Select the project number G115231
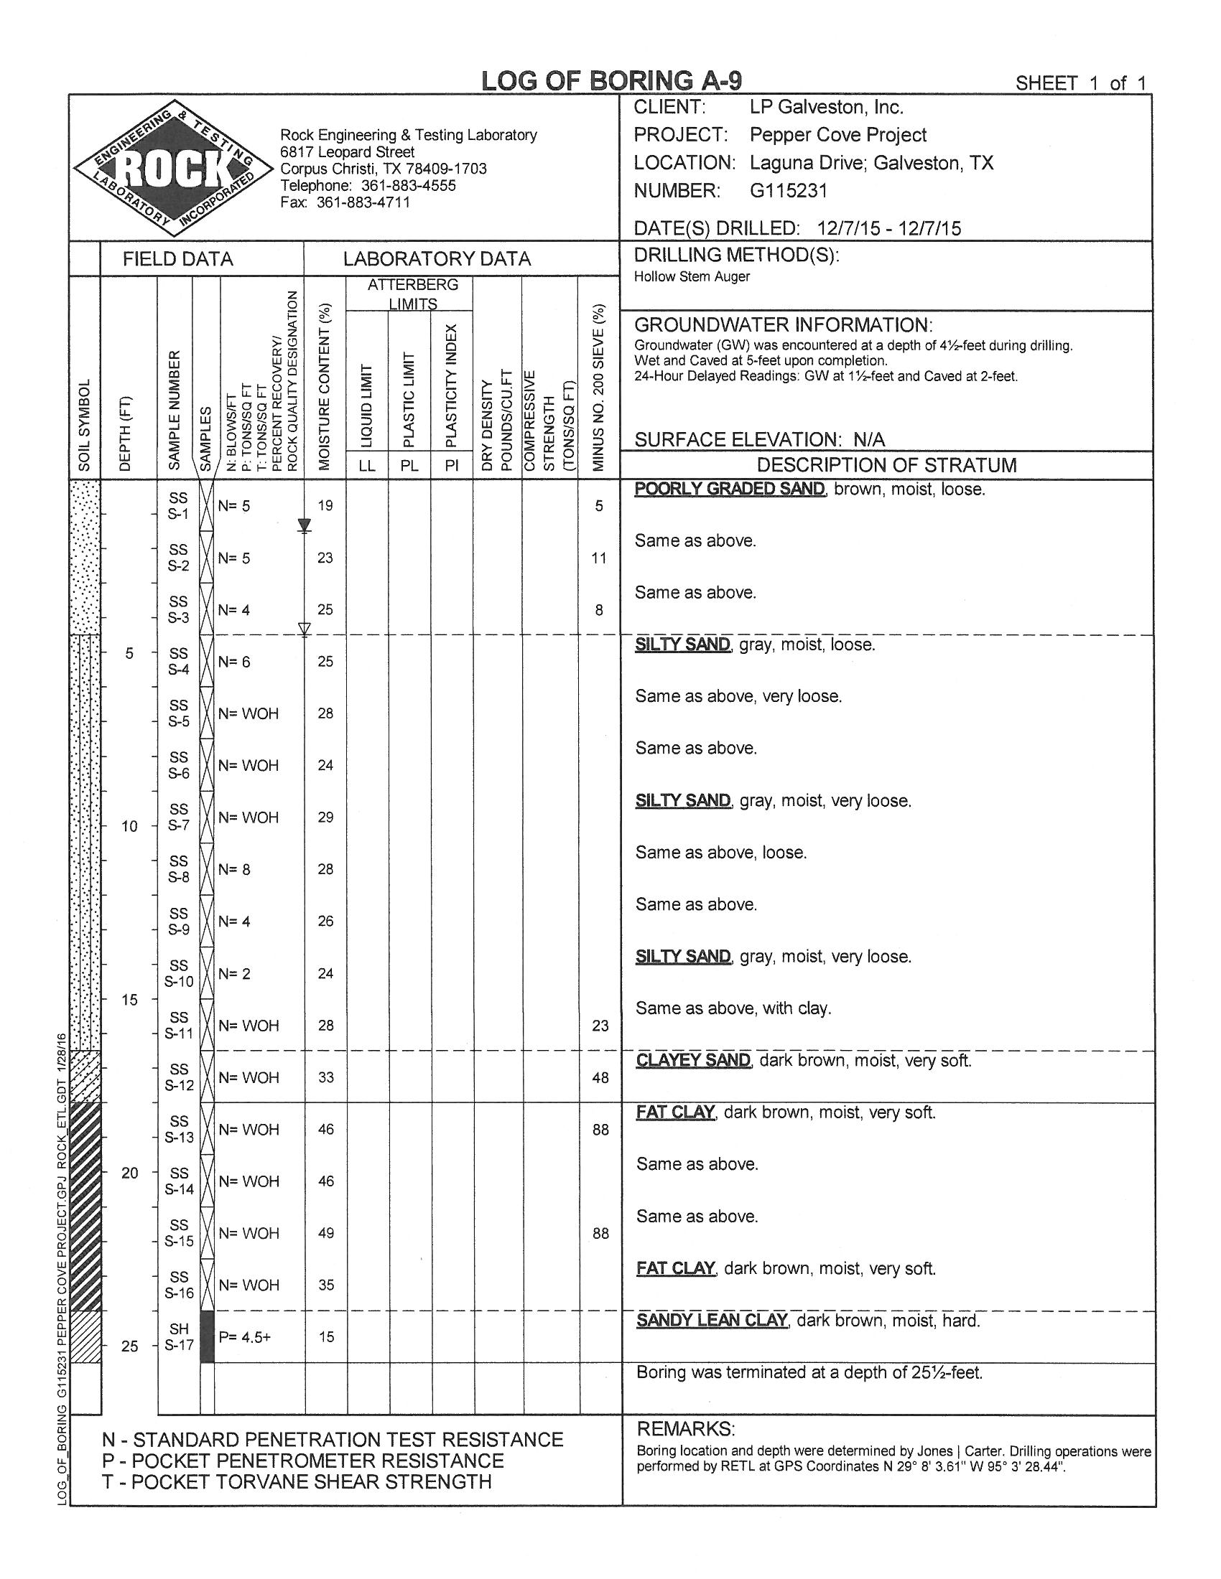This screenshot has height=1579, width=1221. (x=789, y=191)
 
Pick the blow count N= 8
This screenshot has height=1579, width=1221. (x=234, y=869)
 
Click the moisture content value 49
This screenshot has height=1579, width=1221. (x=325, y=1232)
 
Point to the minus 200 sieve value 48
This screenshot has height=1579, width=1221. (x=600, y=1077)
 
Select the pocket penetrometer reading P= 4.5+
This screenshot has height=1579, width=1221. (x=244, y=1337)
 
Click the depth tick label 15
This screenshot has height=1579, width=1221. (x=129, y=1000)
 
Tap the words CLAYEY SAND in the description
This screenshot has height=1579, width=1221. (x=693, y=1060)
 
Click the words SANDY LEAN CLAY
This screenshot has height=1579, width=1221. (x=711, y=1320)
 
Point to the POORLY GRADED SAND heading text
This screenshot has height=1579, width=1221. (x=729, y=489)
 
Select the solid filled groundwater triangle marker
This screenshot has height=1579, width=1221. (x=305, y=524)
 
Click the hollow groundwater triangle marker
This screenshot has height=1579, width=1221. (x=305, y=628)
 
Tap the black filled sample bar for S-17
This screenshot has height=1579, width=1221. (x=207, y=1337)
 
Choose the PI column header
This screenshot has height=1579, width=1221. (x=452, y=466)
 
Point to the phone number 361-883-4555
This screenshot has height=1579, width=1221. (x=408, y=185)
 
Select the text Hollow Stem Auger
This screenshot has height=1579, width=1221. (x=692, y=276)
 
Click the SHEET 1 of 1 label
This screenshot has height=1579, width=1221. (x=1080, y=83)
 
